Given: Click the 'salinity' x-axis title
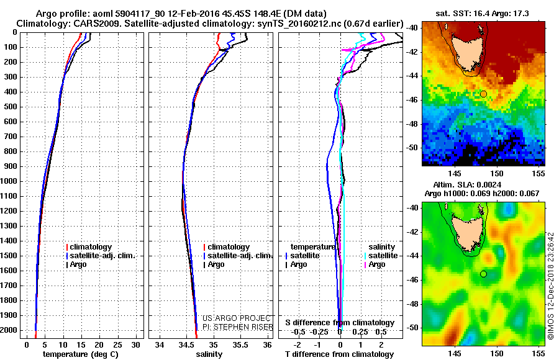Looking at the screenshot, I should [x=208, y=354].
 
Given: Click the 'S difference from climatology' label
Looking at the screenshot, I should [x=339, y=323].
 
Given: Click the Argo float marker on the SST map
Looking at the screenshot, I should [x=483, y=94].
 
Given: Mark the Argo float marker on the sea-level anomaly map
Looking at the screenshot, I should [x=483, y=274].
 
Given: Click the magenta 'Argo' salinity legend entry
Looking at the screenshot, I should [x=376, y=264].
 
